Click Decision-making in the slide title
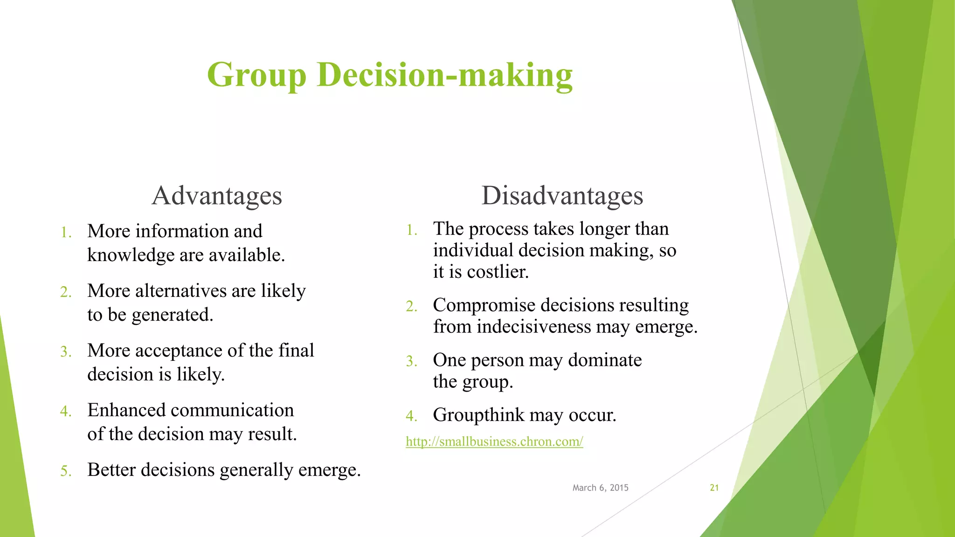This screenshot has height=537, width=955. pos(444,75)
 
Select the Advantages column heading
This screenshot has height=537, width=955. pos(217,196)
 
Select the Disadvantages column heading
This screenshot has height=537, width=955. pos(562,196)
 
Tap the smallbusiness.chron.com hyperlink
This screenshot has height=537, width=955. pos(494,441)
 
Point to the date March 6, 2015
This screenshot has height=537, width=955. pos(600,488)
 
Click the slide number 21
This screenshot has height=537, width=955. pos(714,488)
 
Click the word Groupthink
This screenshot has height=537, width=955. pos(478,415)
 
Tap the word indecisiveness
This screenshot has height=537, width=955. pos(533,327)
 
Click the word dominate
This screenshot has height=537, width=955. pos(605,360)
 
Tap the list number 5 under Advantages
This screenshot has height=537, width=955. pos(65,471)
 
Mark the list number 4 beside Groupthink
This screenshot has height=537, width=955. pos(411,416)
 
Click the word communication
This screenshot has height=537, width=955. pos(231,410)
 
